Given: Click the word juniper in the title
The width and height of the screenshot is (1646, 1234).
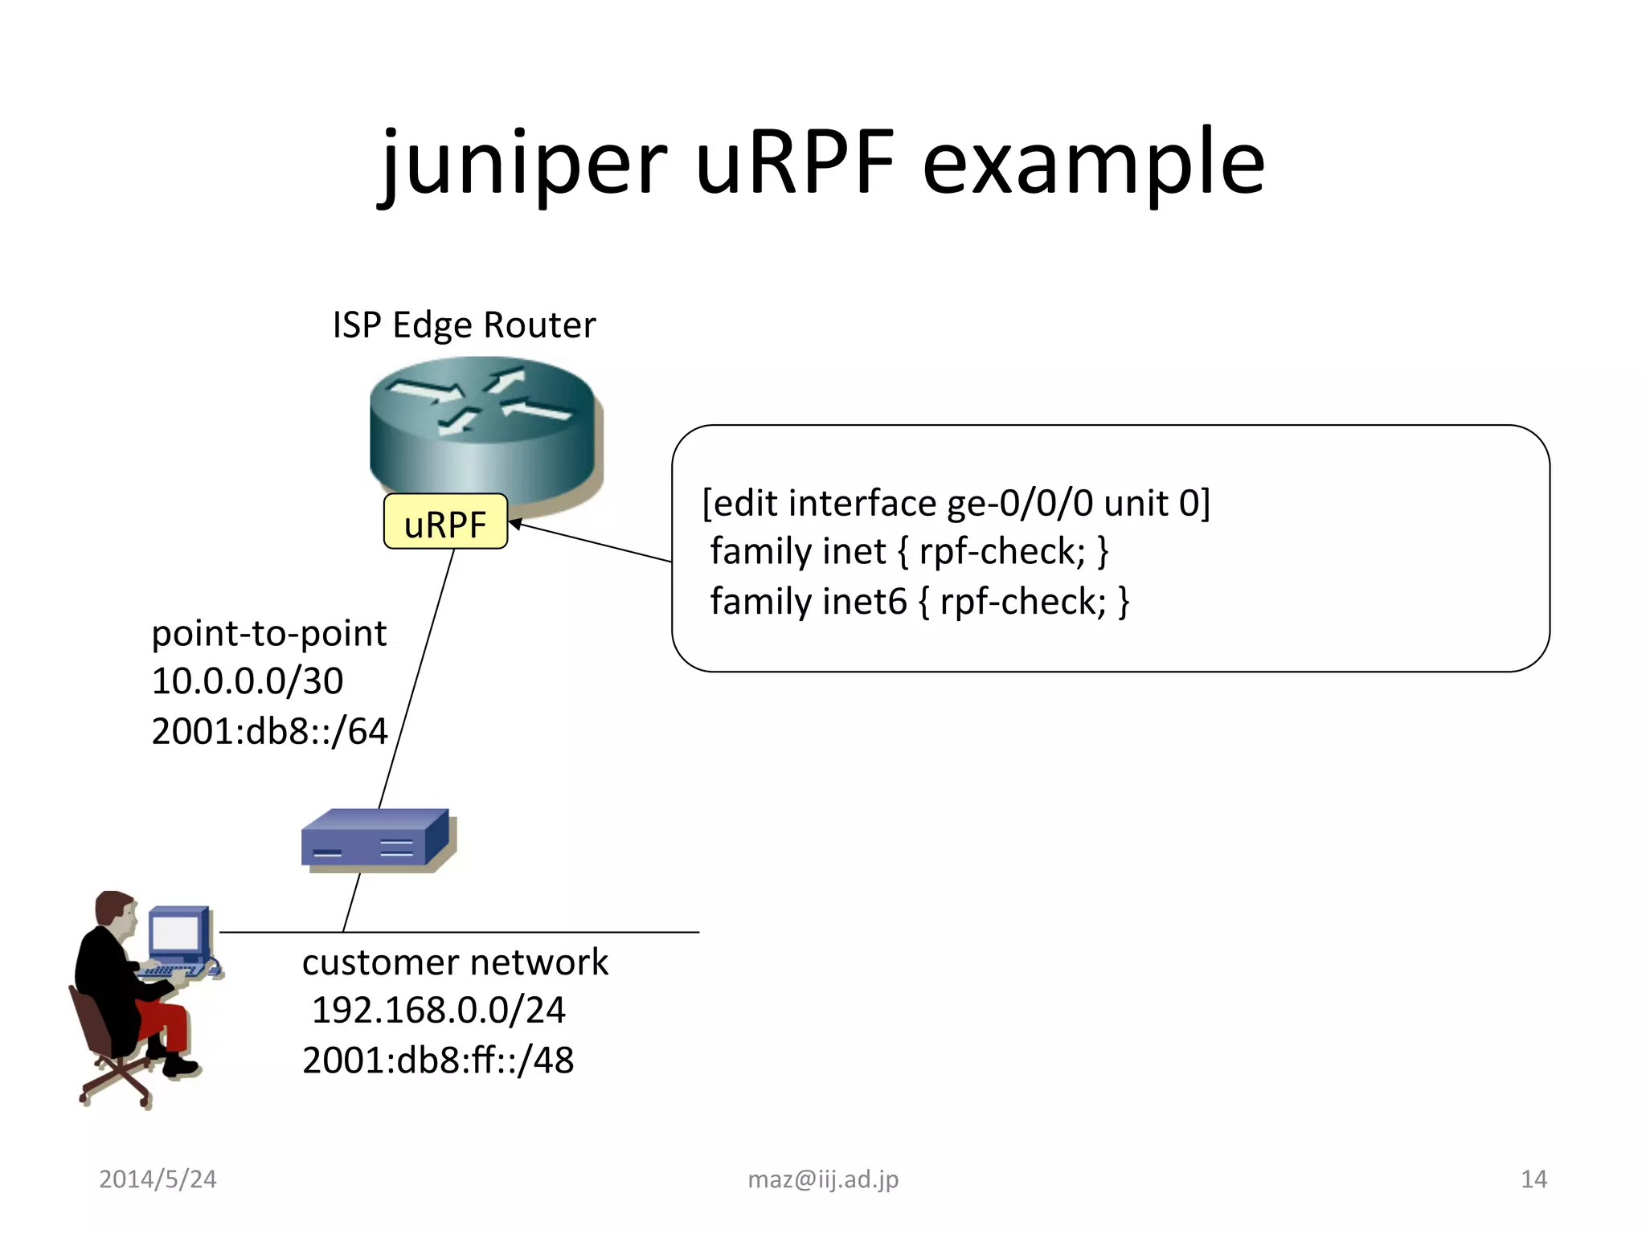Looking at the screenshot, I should [522, 165].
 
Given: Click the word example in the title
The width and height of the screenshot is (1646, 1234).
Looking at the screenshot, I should [1093, 165].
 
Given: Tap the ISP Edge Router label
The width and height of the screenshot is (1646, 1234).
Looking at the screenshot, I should [464, 325].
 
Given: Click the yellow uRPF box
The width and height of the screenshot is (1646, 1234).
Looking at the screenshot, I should [445, 523].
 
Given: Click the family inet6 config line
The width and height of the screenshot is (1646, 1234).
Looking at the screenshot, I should [919, 602].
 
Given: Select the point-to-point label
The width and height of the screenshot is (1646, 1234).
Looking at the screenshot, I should [269, 634].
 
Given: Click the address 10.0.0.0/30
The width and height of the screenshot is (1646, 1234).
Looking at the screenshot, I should [248, 682].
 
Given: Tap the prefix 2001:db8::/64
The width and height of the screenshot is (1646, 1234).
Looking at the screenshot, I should [269, 732].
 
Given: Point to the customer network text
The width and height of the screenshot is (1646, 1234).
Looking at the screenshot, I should [455, 962].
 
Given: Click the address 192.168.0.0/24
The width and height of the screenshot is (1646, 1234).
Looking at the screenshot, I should [439, 1011].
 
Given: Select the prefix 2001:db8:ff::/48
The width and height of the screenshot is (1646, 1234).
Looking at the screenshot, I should [438, 1060].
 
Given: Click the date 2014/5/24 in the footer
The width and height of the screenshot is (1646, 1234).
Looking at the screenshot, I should [158, 1179].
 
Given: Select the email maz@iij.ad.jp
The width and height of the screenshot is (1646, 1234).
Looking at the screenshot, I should [823, 1179].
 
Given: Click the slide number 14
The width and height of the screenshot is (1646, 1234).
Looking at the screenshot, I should [1533, 1179].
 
